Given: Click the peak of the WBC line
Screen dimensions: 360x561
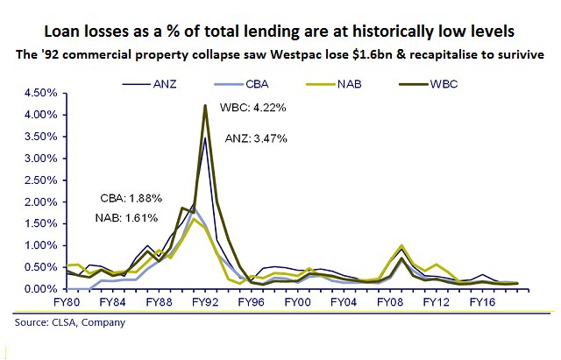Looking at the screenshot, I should tap(205, 106).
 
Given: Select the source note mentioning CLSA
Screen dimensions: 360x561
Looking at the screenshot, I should tap(70, 322).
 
